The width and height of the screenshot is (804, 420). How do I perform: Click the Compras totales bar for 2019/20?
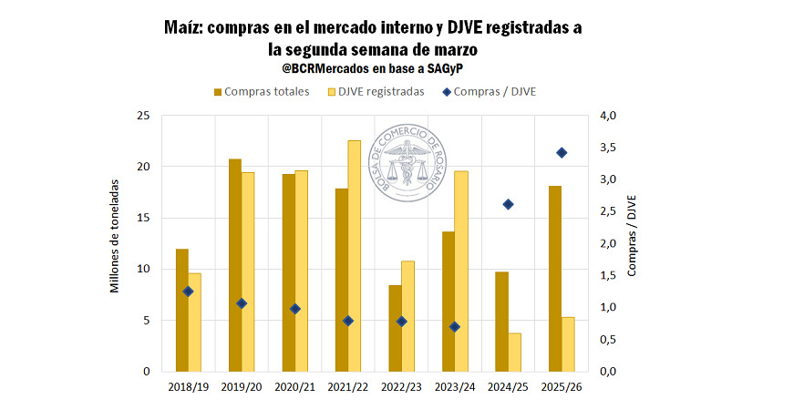pos(235,265)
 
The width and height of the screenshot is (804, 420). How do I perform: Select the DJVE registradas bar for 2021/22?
pos(355,256)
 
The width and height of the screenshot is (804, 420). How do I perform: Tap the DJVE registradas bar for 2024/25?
pos(514,352)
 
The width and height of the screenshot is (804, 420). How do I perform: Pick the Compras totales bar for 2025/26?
pos(555,279)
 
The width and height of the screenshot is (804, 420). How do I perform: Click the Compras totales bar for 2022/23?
pos(395,328)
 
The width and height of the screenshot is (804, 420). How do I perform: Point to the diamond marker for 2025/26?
pos(562,153)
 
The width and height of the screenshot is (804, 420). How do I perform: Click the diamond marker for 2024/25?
pos(509,204)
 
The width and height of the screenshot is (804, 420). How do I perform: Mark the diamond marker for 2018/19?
pos(189,292)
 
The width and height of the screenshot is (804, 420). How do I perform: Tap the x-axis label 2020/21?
pos(294,387)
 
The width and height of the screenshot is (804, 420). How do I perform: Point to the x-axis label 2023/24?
pos(454,387)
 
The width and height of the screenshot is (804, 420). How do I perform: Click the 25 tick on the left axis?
pos(143,116)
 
